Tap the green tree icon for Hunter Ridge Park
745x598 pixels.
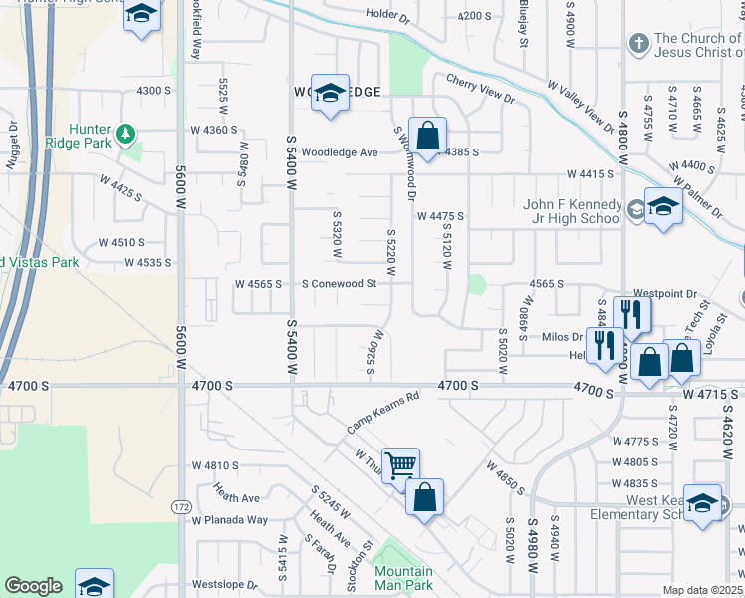pos(125,133)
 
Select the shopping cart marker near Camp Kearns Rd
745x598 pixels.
pos(400,464)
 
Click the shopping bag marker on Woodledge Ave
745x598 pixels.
pos(427,136)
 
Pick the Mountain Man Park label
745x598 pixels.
pos(403,578)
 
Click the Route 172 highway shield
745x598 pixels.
pos(181,507)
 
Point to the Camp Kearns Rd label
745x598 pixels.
pos(383,411)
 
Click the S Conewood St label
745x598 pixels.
pos(340,284)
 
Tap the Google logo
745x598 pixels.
pos(33,586)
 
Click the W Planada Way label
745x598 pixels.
pos(230,520)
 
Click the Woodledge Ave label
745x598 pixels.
pos(340,152)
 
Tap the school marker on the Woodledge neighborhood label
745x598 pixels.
pos(330,92)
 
